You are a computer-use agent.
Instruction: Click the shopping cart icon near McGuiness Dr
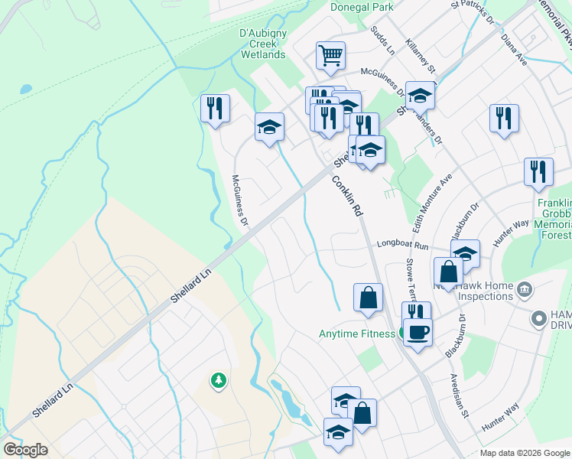click(x=330, y=55)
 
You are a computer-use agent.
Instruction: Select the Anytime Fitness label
click(x=356, y=334)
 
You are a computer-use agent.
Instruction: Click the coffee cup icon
click(x=417, y=334)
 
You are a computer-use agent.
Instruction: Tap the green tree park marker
click(x=219, y=379)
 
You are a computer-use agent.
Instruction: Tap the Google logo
click(x=25, y=450)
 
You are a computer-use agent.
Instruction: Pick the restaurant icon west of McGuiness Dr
click(x=215, y=108)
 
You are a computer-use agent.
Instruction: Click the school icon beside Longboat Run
click(x=464, y=253)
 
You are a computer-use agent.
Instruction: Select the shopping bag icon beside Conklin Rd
click(x=368, y=298)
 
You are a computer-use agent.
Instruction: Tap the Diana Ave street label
click(x=515, y=47)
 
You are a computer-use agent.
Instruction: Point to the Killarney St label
click(x=421, y=56)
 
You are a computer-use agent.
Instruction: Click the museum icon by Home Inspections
click(x=525, y=290)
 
